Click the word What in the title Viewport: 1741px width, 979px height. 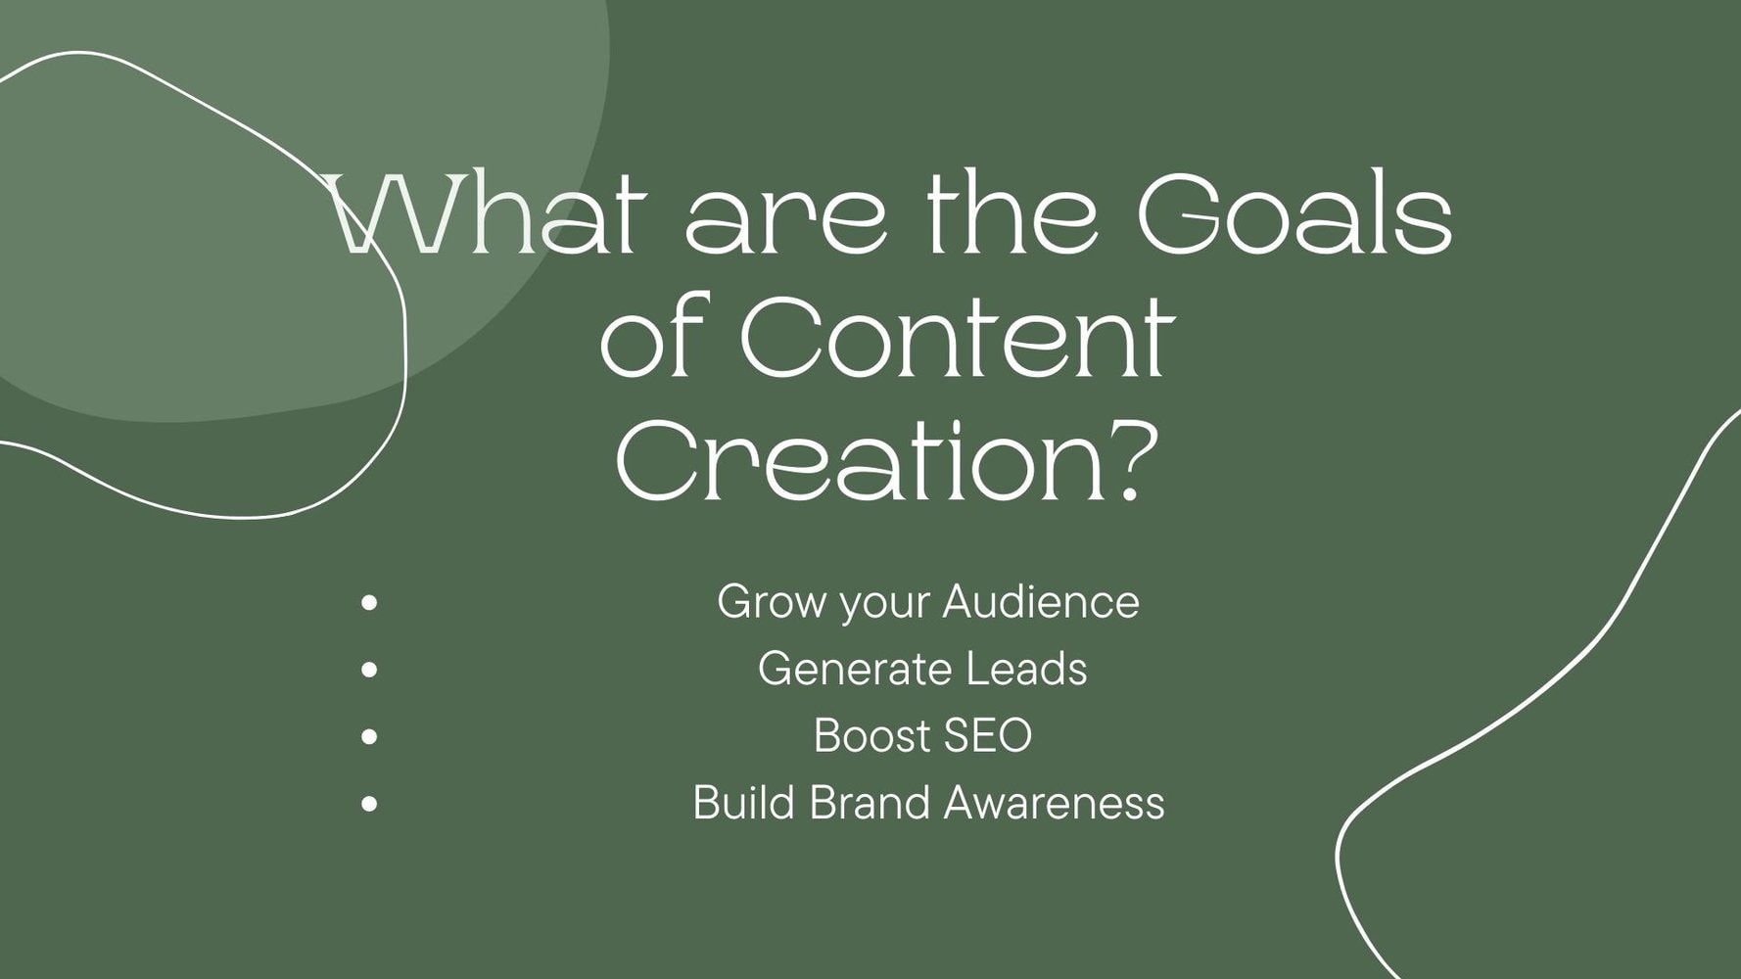(486, 213)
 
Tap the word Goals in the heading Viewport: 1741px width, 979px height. (1294, 213)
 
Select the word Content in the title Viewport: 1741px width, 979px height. (956, 337)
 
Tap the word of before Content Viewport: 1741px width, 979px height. (654, 337)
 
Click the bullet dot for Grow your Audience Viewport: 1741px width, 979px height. (369, 603)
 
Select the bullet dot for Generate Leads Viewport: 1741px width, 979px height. (369, 671)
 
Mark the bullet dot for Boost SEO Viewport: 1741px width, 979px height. (369, 736)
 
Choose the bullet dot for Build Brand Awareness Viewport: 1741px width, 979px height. (369, 804)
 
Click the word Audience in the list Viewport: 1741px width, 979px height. (1042, 601)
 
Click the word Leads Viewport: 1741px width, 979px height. (1026, 670)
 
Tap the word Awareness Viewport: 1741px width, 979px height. (1055, 803)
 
